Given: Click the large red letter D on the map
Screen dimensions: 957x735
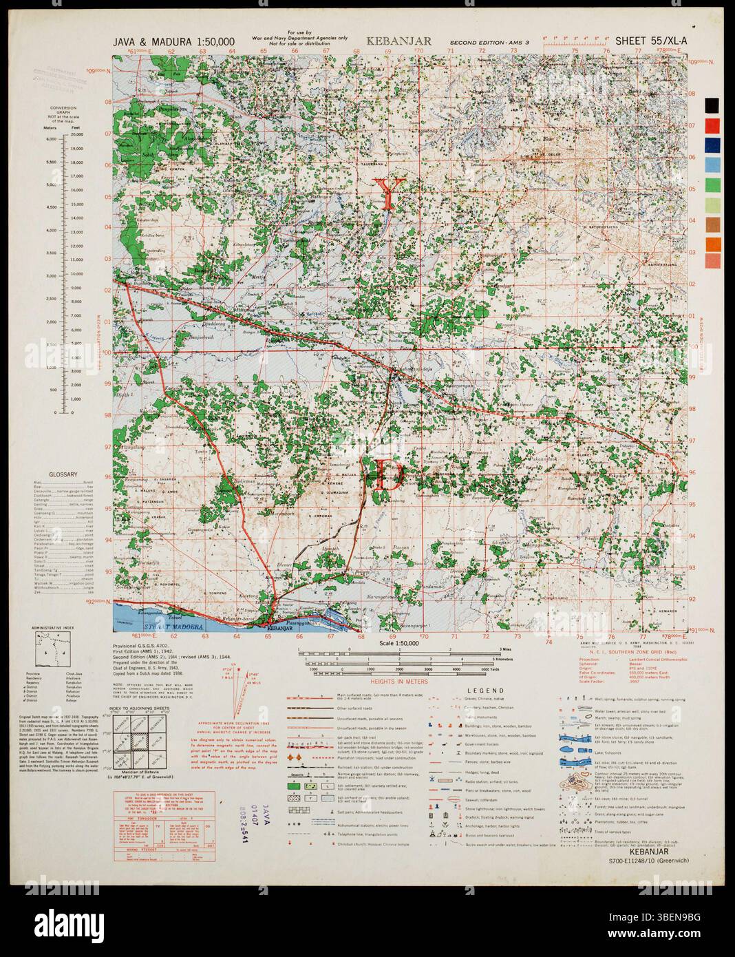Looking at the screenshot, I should [388, 475].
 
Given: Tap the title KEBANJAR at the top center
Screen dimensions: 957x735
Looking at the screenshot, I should [400, 41].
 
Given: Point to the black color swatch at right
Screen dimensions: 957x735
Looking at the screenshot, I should [712, 105].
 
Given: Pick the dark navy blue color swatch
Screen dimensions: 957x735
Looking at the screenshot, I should [712, 145].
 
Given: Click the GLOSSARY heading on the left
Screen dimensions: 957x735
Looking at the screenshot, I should [63, 474].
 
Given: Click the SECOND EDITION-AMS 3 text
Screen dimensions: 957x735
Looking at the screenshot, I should [487, 43].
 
